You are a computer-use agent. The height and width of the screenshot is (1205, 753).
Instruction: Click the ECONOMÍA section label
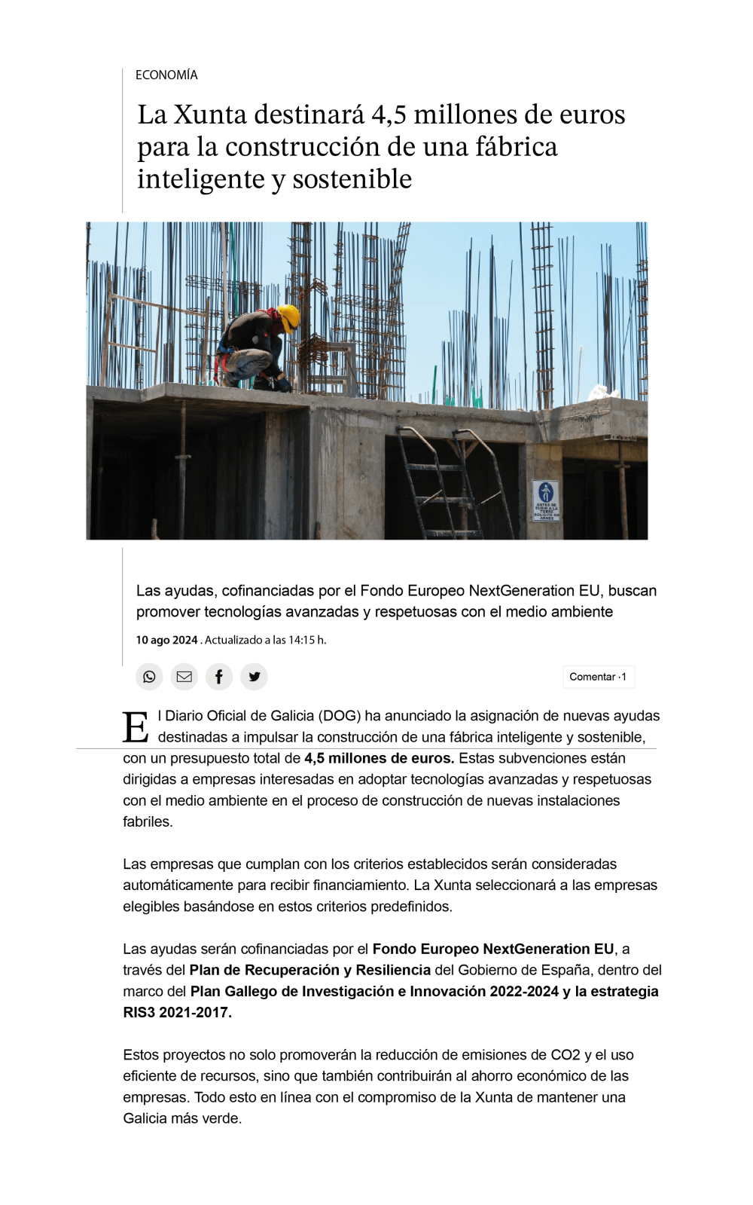tap(166, 75)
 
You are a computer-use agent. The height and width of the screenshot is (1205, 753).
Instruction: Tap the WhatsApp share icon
tap(149, 677)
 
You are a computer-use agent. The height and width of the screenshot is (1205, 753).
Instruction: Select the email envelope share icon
tap(184, 677)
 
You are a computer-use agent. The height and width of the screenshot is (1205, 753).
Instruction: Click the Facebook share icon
tap(219, 677)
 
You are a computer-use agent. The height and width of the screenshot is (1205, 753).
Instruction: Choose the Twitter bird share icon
tap(255, 677)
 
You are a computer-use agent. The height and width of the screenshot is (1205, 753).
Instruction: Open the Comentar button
tap(598, 677)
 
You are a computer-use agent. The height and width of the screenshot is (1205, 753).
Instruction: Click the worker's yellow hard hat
tap(288, 316)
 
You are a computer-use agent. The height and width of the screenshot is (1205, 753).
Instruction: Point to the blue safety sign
tap(546, 500)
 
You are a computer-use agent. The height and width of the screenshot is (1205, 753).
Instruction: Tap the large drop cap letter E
tap(136, 727)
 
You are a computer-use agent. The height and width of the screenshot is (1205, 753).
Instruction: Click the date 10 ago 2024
tap(166, 640)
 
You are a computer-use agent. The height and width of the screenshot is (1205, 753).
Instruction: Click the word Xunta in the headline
tap(210, 115)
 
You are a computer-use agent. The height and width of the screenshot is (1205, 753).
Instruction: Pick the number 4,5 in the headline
tap(389, 115)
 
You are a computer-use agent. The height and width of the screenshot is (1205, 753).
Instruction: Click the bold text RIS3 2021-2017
tap(178, 1012)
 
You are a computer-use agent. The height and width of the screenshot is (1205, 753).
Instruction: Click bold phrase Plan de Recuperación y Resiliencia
tap(309, 970)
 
